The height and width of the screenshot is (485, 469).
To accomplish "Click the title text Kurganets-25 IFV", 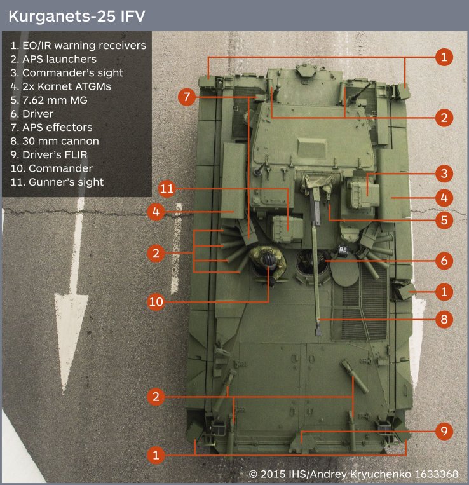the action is (77, 16).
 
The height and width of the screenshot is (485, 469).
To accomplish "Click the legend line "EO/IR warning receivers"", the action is (78, 46).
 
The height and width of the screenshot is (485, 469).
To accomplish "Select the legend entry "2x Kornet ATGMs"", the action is (60, 86).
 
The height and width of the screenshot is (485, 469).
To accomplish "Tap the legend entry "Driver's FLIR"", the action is (49, 154).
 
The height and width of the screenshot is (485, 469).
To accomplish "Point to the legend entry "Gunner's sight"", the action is (57, 182).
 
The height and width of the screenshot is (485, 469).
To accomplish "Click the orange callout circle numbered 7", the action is (186, 97).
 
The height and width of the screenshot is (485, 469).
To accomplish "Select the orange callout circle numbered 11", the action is (167, 188).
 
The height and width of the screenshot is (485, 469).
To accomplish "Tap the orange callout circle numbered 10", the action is (156, 301).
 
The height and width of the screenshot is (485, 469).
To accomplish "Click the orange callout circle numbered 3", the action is (444, 174).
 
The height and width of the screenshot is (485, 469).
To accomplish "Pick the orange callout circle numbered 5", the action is (444, 220).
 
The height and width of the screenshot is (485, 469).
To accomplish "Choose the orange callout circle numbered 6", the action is (444, 261).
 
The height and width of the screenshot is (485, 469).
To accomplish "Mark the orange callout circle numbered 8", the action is (444, 319).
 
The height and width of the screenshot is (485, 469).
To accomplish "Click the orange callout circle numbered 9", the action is (444, 431).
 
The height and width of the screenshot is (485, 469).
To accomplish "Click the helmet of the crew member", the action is (268, 259).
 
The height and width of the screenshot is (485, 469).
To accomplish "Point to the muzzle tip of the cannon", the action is (318, 333).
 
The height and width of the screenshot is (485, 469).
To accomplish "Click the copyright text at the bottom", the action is (354, 474).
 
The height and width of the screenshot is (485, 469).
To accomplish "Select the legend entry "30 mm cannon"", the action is (55, 141).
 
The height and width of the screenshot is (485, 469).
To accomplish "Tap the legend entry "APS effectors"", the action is (51, 127).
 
